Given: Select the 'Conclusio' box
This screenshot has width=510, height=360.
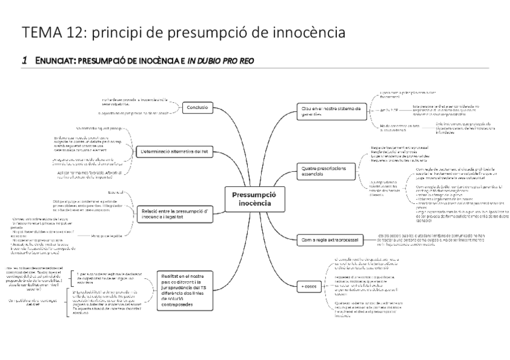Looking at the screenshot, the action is coord(197,107).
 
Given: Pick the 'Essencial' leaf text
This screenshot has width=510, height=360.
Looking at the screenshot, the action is coord(115,192).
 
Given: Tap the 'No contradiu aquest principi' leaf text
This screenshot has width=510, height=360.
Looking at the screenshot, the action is coord(99,128).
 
